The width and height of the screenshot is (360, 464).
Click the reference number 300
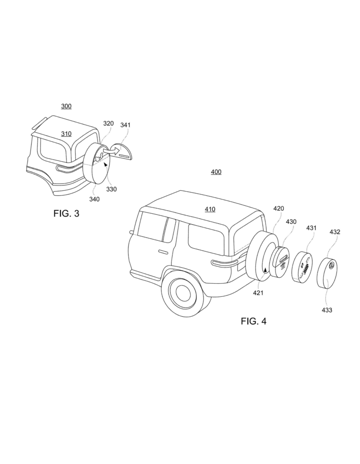coord(66,106)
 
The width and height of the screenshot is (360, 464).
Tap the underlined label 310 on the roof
coord(66,134)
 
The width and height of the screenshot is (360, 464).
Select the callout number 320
coord(108,123)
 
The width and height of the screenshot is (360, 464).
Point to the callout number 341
coord(125,125)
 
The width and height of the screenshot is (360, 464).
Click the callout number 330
coord(111,189)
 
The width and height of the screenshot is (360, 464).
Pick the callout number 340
coord(94,199)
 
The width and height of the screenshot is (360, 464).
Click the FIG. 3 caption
coord(66,213)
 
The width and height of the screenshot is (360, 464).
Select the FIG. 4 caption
coord(254,321)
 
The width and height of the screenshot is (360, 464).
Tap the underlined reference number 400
coord(216,172)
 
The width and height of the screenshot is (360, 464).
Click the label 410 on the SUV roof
coord(210,209)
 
